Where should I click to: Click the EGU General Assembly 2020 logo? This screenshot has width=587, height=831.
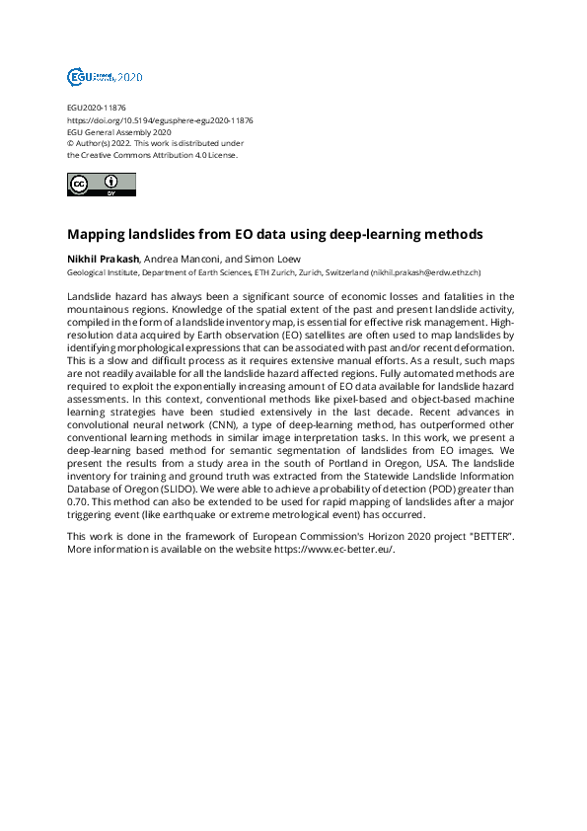point(104,76)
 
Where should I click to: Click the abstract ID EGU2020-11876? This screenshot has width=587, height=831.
point(96,108)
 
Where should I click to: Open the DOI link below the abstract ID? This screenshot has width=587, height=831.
point(160,119)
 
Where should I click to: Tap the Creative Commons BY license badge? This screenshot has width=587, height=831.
point(101,184)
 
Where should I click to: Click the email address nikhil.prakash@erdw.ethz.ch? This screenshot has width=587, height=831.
point(424,271)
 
